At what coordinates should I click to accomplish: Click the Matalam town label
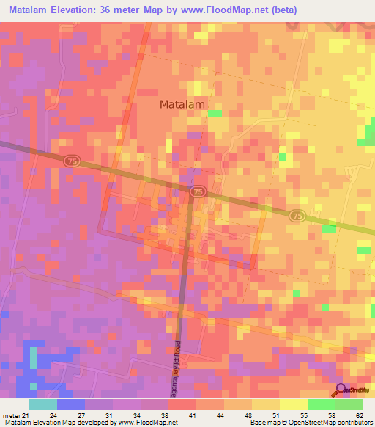[x=182, y=104]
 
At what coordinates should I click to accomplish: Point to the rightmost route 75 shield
[x=296, y=215]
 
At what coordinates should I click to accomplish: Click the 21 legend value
[x=26, y=415]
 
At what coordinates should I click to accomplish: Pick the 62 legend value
[x=359, y=415]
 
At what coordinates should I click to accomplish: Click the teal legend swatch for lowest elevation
[x=43, y=404]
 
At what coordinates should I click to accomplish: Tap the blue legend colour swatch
[x=71, y=404]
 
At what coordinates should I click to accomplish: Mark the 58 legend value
[x=332, y=415]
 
